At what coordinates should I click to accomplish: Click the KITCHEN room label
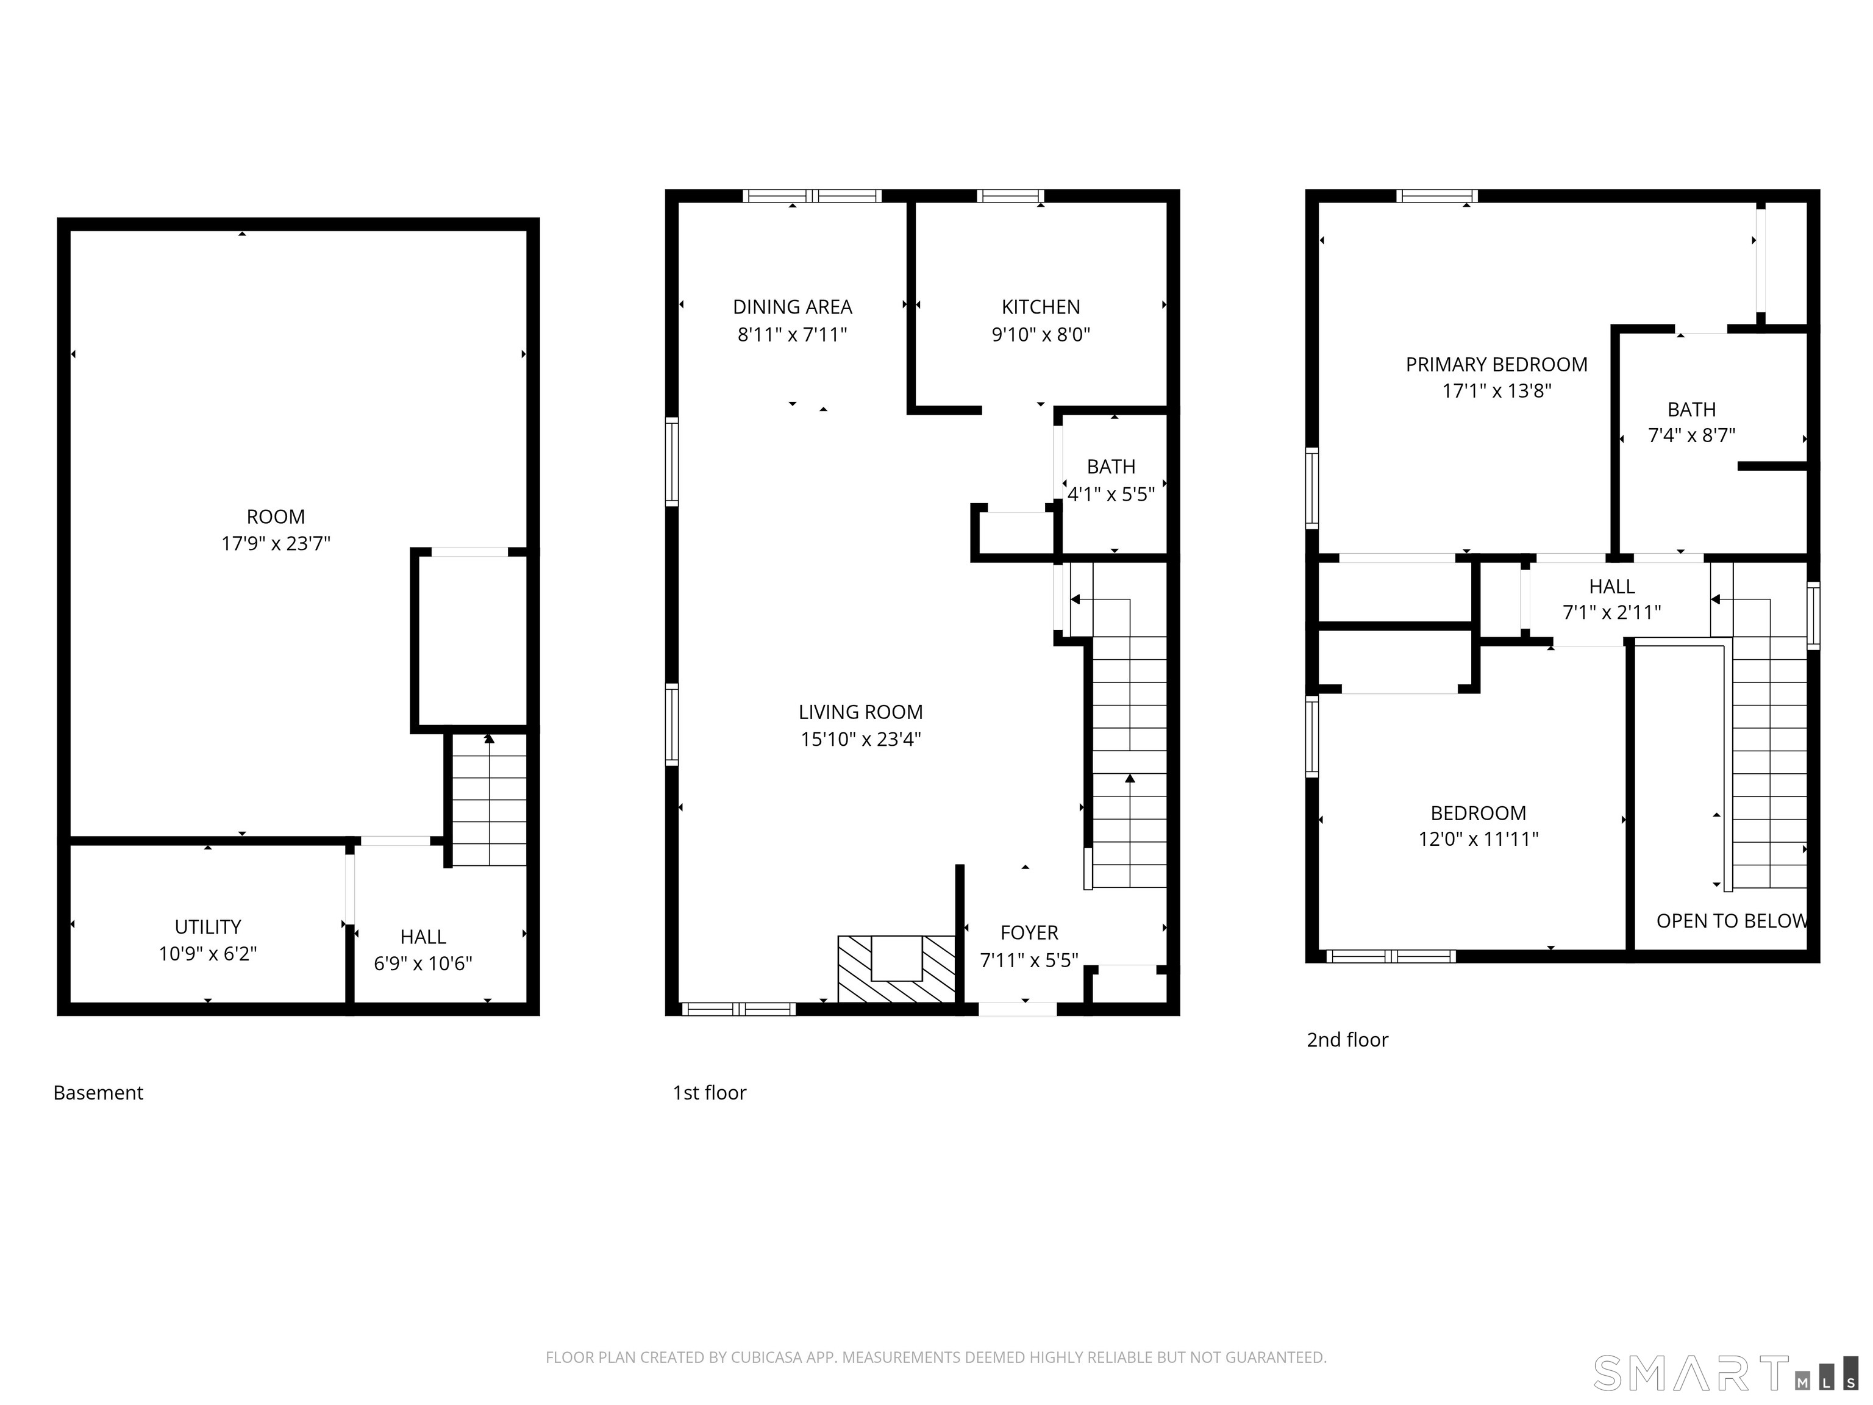point(1041,307)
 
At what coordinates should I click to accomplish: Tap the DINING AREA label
point(793,307)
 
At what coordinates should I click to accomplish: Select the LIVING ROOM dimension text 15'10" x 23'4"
point(860,739)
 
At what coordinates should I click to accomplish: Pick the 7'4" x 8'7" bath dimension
point(1691,435)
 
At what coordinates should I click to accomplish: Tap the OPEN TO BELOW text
point(1731,921)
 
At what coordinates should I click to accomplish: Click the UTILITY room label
point(207,926)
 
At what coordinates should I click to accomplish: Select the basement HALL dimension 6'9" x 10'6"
point(423,963)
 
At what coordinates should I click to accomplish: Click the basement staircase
point(488,800)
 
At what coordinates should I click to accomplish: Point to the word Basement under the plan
point(98,1093)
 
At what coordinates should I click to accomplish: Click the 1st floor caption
point(710,1093)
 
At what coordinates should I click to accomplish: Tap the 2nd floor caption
point(1347,1039)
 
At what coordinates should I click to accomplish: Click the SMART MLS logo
point(1725,1373)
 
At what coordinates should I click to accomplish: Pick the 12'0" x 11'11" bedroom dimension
point(1479,839)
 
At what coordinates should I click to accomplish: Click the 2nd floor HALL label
point(1611,586)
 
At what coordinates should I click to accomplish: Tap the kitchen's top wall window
point(1010,196)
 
